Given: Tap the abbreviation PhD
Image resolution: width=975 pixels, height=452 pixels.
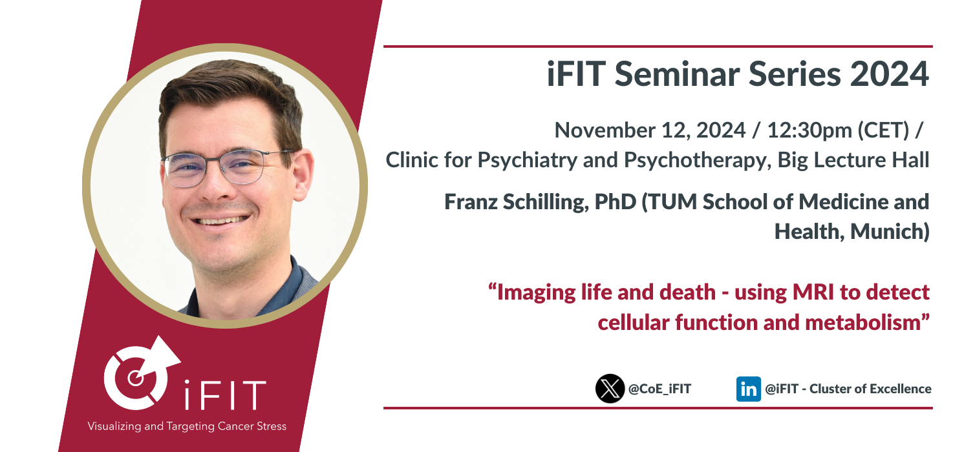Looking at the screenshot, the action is coord(616,202).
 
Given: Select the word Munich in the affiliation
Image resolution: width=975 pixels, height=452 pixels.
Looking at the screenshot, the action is coord(887,232).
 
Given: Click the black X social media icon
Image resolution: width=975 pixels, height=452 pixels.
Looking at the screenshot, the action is coord(610,389).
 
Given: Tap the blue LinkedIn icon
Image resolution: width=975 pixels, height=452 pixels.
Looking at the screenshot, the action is coord(748,389).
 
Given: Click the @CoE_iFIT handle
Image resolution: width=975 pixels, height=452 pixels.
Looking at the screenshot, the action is coord(659,389).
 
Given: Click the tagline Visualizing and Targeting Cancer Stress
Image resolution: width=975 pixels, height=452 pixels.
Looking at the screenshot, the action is coord(187,426).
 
